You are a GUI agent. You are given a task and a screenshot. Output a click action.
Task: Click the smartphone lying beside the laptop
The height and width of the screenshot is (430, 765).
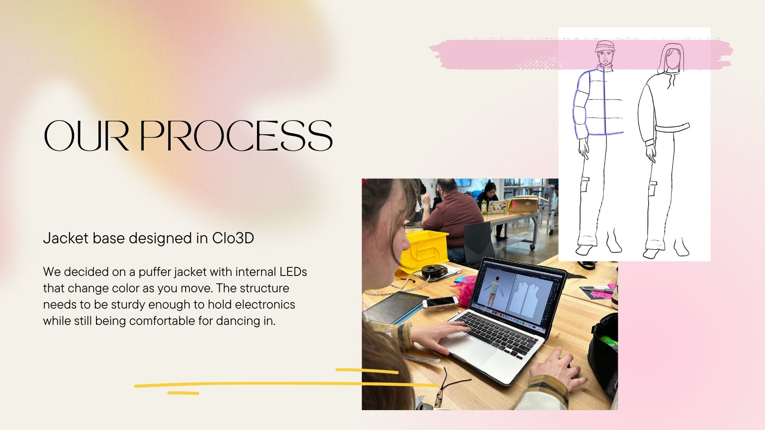[x=440, y=303]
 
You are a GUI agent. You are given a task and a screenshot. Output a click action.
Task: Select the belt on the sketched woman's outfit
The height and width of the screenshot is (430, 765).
[x=672, y=128]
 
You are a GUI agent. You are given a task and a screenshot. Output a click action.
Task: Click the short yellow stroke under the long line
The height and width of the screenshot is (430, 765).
[x=183, y=393]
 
